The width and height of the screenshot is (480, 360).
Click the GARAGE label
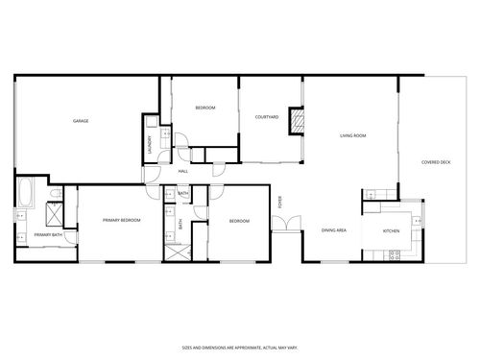point(82,121)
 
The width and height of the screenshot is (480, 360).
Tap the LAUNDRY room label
point(151,143)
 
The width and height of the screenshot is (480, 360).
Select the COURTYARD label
point(267,117)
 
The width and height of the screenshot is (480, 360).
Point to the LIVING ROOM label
point(353,136)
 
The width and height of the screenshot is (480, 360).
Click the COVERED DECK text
point(437,162)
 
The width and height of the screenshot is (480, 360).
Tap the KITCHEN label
point(392,231)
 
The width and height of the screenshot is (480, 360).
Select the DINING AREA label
point(334,231)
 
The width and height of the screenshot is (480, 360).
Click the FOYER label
point(280,202)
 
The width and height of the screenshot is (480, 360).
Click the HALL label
point(182,171)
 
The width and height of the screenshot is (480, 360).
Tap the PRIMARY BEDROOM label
point(122,221)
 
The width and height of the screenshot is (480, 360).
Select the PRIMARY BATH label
point(48,235)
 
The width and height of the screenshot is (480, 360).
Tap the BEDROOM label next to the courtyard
point(205,108)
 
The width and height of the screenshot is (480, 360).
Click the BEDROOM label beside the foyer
point(239,222)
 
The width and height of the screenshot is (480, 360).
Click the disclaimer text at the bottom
point(240,348)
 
